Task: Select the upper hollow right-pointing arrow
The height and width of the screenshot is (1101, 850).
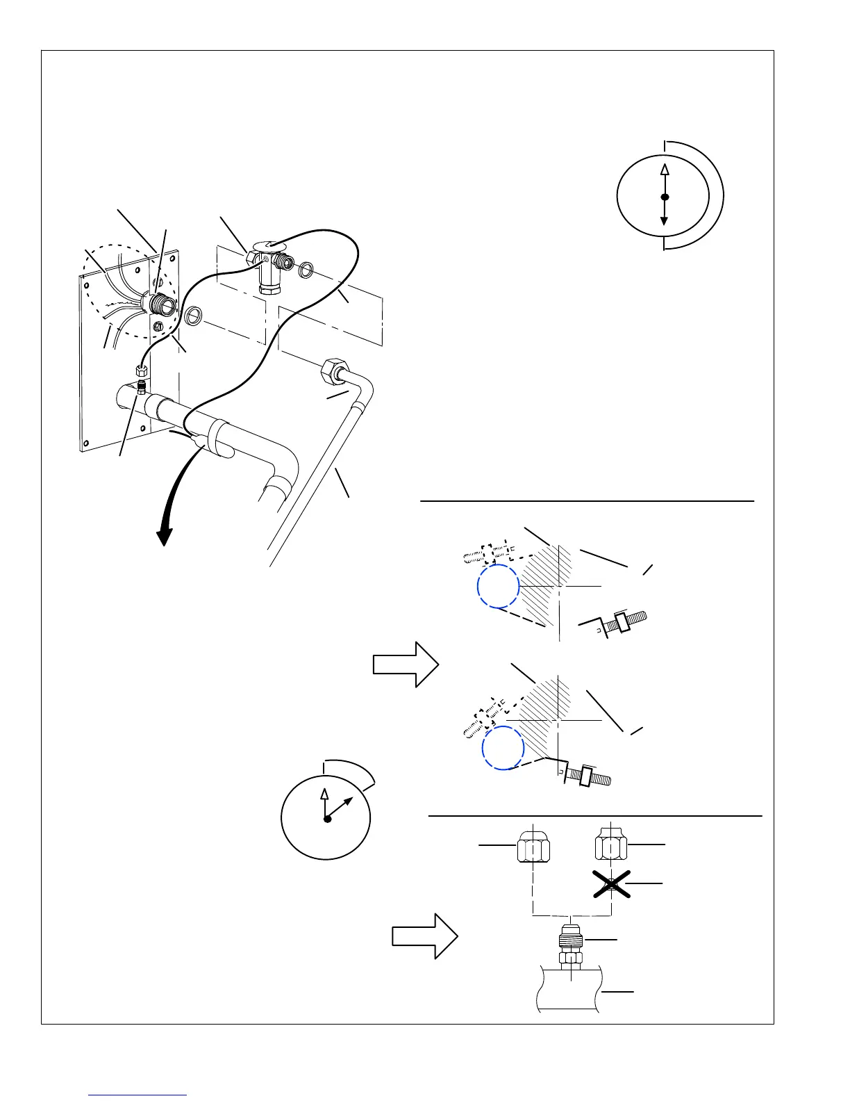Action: pos(406,664)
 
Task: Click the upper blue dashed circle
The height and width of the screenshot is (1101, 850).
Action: pos(498,585)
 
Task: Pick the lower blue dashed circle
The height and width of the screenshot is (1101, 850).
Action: pos(503,748)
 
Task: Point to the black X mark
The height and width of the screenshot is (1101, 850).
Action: pos(610,883)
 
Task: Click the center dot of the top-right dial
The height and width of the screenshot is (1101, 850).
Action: pos(665,197)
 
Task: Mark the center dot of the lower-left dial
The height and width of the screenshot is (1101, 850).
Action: pos(327,819)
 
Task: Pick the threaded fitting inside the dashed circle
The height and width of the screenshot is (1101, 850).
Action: pos(156,304)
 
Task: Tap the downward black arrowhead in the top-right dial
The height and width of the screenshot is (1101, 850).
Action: pos(665,220)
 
